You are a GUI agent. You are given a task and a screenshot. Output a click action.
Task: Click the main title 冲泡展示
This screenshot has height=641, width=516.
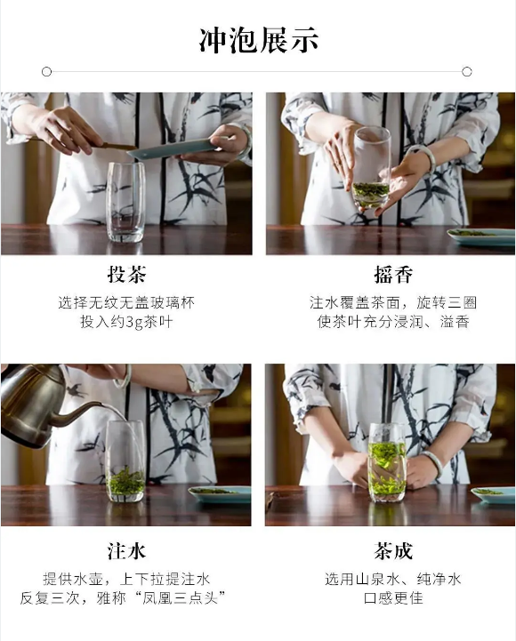coord(258,40)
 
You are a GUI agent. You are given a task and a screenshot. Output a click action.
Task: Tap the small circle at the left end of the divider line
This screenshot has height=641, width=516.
coord(46,72)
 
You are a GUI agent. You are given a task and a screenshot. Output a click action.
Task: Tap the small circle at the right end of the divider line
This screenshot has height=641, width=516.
coord(466,72)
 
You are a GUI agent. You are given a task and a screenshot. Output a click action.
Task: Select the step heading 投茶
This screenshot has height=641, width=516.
coord(127,274)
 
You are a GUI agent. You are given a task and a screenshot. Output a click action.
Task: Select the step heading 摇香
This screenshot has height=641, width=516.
coord(393,274)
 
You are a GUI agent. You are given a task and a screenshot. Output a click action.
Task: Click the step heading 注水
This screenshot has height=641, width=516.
coord(126,550)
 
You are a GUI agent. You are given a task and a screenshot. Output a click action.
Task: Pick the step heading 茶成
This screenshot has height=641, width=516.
coord(393,550)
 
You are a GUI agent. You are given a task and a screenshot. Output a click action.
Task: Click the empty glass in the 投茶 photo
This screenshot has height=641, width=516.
coord(125,202)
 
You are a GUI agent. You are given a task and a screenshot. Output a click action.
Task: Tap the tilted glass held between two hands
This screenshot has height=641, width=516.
coord(371,168)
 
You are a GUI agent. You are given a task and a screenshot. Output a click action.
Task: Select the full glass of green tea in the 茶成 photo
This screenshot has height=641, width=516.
coord(387,462)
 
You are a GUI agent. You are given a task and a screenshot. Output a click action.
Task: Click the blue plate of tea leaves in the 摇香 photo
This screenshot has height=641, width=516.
coord(481,237)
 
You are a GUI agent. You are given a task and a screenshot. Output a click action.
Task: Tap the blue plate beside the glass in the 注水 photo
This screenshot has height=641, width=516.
coord(220,494)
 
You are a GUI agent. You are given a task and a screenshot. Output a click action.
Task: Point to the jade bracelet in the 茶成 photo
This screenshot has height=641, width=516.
coord(434,464)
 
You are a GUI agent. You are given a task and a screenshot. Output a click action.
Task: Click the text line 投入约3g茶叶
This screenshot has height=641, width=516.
coord(126,322)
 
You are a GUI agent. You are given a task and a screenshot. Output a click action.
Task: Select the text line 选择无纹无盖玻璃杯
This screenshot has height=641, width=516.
coord(126,302)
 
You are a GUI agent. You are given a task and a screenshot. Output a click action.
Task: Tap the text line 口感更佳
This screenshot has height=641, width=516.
coord(393,598)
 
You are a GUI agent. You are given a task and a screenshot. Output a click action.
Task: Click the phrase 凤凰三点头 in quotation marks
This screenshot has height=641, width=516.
coord(180,598)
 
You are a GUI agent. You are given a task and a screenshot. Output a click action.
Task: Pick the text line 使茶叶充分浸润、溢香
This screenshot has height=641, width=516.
coord(393,322)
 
